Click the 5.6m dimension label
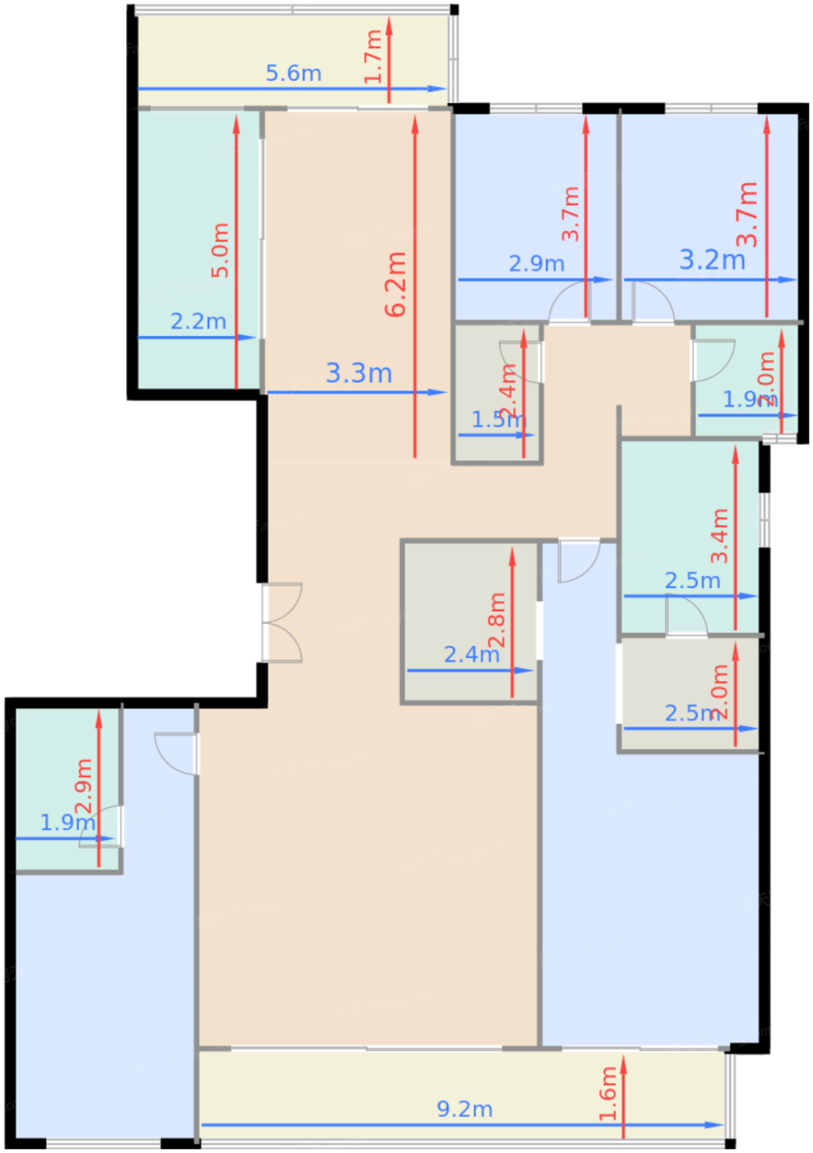click(x=293, y=73)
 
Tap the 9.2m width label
click(x=465, y=1109)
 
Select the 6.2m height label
click(x=396, y=284)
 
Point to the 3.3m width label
click(x=358, y=373)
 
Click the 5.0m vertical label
click(x=220, y=250)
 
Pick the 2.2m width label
click(x=198, y=321)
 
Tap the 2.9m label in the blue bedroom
click(x=536, y=264)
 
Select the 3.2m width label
click(x=712, y=260)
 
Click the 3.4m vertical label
click(x=720, y=535)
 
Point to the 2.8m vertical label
click(x=497, y=620)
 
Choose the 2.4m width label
click(x=471, y=655)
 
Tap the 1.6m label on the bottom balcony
click(x=608, y=1094)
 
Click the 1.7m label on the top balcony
click(x=373, y=56)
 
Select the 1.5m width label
click(x=498, y=420)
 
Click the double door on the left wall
click(x=282, y=623)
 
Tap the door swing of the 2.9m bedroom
click(x=568, y=303)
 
